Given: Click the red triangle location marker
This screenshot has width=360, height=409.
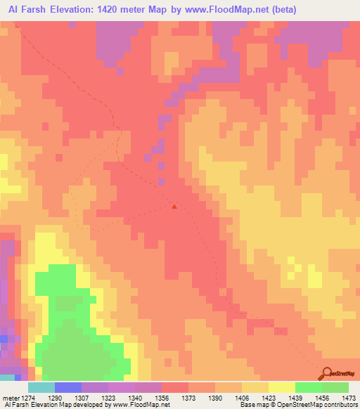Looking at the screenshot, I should [x=174, y=206].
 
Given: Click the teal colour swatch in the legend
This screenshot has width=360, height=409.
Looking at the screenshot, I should [x=41, y=387].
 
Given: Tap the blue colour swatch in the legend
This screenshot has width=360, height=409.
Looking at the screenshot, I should [x=68, y=387].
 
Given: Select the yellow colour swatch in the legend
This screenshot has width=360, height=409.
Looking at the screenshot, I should [x=282, y=387].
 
